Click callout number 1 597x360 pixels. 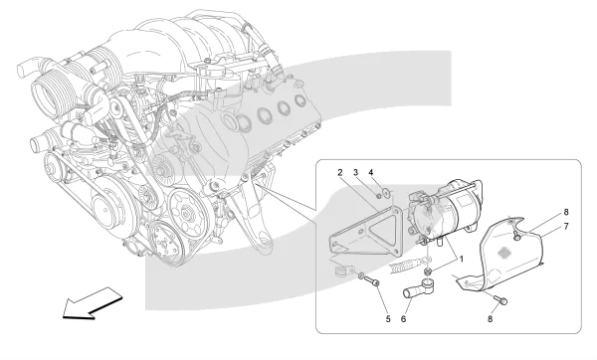462,260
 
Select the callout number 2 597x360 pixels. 339,172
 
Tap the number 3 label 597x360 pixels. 355,172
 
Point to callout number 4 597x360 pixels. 371,172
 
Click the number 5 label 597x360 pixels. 388,319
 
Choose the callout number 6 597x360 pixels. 403,319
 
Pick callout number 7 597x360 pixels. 566,227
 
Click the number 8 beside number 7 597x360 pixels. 566,212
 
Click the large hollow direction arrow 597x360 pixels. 93,303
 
